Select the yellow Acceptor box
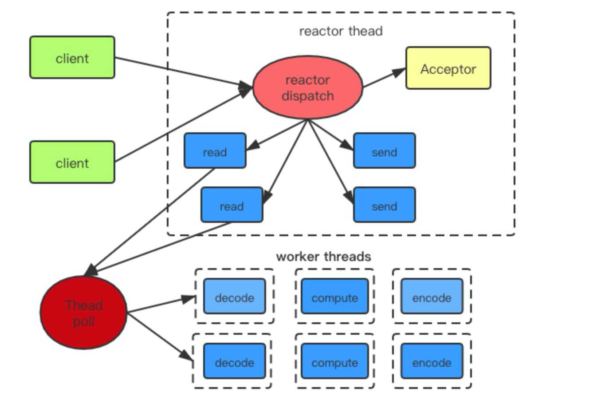[x=448, y=68]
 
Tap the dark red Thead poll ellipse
[x=83, y=313]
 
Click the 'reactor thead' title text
[x=341, y=31]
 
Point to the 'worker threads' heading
[x=323, y=257]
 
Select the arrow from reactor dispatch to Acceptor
[x=384, y=78]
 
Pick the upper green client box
[x=72, y=58]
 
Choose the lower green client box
[x=72, y=162]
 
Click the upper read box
[x=215, y=151]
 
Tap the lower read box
[x=232, y=205]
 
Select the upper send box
[x=384, y=151]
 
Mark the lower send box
[x=384, y=205]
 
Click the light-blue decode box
[x=234, y=297]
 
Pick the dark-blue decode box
[x=234, y=361]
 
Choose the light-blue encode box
[x=432, y=297]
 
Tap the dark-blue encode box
[x=432, y=361]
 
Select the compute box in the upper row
[x=334, y=297]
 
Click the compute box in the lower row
[x=334, y=361]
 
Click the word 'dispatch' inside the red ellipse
[x=307, y=96]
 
